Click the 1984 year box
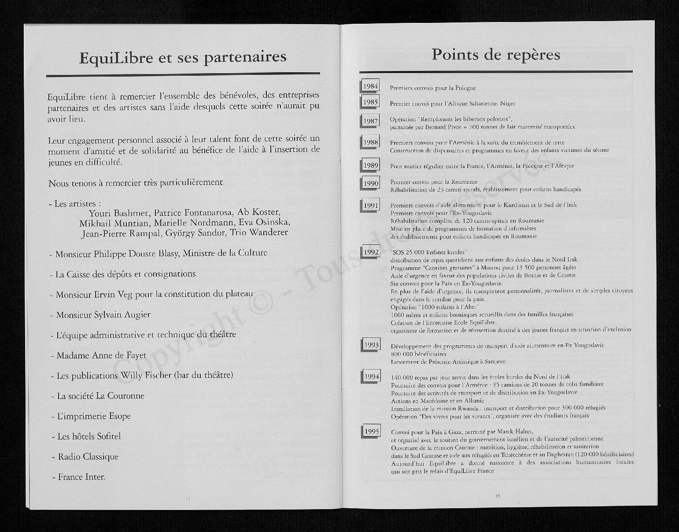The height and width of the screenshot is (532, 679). click(x=370, y=86)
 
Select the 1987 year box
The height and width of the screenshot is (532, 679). click(x=370, y=121)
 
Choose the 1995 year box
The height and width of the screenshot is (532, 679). click(x=372, y=431)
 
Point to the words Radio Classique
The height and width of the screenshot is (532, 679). click(x=88, y=457)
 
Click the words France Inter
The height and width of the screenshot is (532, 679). click(x=81, y=477)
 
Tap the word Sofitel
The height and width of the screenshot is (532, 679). click(x=103, y=436)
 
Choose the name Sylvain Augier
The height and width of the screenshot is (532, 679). click(x=122, y=315)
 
